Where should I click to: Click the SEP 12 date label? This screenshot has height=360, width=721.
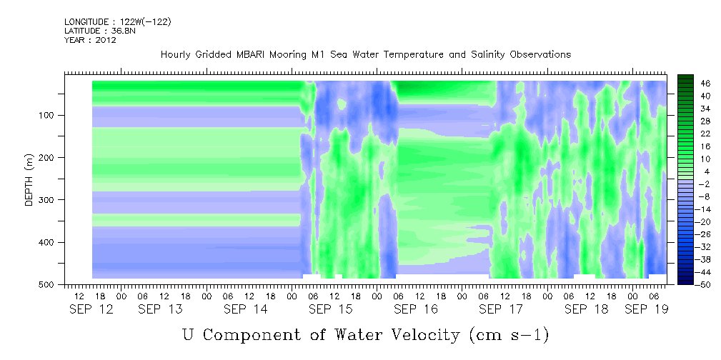91,309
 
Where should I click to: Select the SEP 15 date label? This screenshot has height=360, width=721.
331,309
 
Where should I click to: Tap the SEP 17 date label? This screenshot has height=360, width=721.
501,309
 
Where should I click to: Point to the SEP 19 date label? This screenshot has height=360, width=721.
646,309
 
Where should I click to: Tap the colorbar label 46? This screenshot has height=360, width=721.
692,84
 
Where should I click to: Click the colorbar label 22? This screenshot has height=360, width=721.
692,136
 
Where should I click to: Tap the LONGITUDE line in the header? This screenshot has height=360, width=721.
118,21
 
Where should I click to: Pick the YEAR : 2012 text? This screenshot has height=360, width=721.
90,40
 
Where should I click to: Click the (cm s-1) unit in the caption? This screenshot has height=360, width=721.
509,335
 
